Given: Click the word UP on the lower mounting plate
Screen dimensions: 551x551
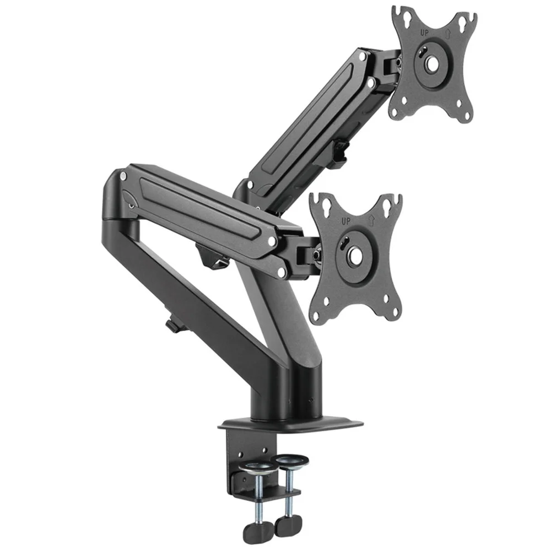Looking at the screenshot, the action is [x=346, y=222].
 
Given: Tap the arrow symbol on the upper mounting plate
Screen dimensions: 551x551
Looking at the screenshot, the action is [x=449, y=34].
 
